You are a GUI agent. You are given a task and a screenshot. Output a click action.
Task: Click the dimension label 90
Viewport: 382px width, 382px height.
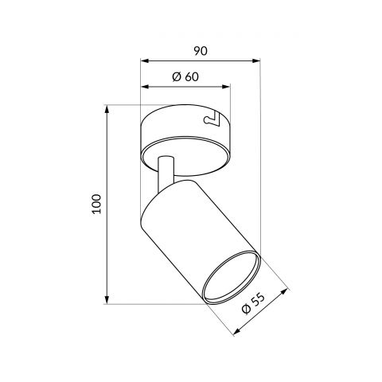tap(201, 51)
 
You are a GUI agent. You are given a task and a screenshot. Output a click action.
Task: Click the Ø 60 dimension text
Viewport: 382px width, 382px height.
tap(185, 76)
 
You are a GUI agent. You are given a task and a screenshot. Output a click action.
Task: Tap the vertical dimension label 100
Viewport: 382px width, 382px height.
tap(97, 204)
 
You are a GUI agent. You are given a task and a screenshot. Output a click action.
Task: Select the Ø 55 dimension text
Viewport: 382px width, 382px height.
tap(253, 303)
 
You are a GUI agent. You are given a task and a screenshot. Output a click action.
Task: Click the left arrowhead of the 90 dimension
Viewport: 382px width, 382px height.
tap(144, 61)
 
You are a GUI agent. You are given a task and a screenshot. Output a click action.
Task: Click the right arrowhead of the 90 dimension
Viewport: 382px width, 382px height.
tap(256, 61)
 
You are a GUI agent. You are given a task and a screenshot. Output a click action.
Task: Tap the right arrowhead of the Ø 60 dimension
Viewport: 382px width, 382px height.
tap(226, 87)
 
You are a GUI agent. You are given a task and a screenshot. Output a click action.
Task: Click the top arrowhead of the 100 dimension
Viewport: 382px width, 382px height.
tap(107, 109)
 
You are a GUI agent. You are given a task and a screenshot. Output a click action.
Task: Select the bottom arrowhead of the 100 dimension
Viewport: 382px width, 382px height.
tap(107, 300)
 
